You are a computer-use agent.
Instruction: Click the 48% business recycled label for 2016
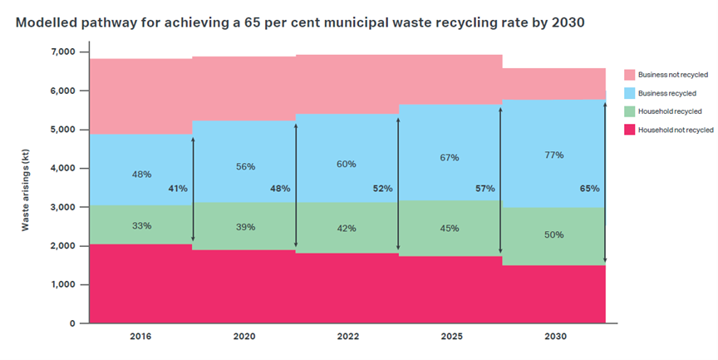point(141,175)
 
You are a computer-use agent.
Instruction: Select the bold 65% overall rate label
point(589,189)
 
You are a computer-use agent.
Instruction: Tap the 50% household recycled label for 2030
point(553,234)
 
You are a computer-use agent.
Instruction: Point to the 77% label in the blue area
point(553,155)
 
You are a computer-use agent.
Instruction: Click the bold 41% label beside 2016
point(178,189)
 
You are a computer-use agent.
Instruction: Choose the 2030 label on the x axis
point(553,337)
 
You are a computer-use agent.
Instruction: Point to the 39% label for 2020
point(244,227)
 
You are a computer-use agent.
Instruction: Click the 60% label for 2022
point(347,164)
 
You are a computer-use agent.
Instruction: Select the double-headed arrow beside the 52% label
point(398,184)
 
